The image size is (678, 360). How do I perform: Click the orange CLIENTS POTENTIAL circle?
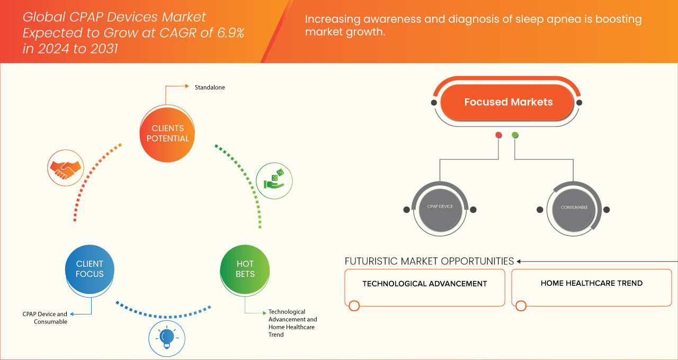[x=167, y=133]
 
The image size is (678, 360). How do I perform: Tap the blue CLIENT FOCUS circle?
[x=90, y=268]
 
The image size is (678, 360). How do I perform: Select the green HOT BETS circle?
[x=245, y=268]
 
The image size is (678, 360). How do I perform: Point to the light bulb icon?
[x=167, y=337]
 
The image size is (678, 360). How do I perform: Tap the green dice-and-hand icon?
[x=274, y=180]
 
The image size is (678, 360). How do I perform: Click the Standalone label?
[x=210, y=87]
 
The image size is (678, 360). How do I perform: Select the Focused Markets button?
[x=508, y=102]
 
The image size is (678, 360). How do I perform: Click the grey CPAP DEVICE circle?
[x=440, y=206]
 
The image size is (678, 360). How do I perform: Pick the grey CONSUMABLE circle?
[x=574, y=207]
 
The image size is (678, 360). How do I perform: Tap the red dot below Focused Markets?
[x=498, y=135]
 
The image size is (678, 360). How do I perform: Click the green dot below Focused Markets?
[x=515, y=135]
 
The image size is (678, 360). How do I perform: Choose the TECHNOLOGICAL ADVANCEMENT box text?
[x=424, y=284]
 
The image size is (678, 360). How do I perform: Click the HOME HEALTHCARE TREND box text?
[x=591, y=283]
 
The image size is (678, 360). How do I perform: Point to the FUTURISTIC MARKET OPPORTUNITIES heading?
[x=429, y=261]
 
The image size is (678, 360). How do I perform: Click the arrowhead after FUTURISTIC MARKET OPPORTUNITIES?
[x=519, y=261]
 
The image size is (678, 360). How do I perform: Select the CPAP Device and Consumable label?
[x=45, y=318]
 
